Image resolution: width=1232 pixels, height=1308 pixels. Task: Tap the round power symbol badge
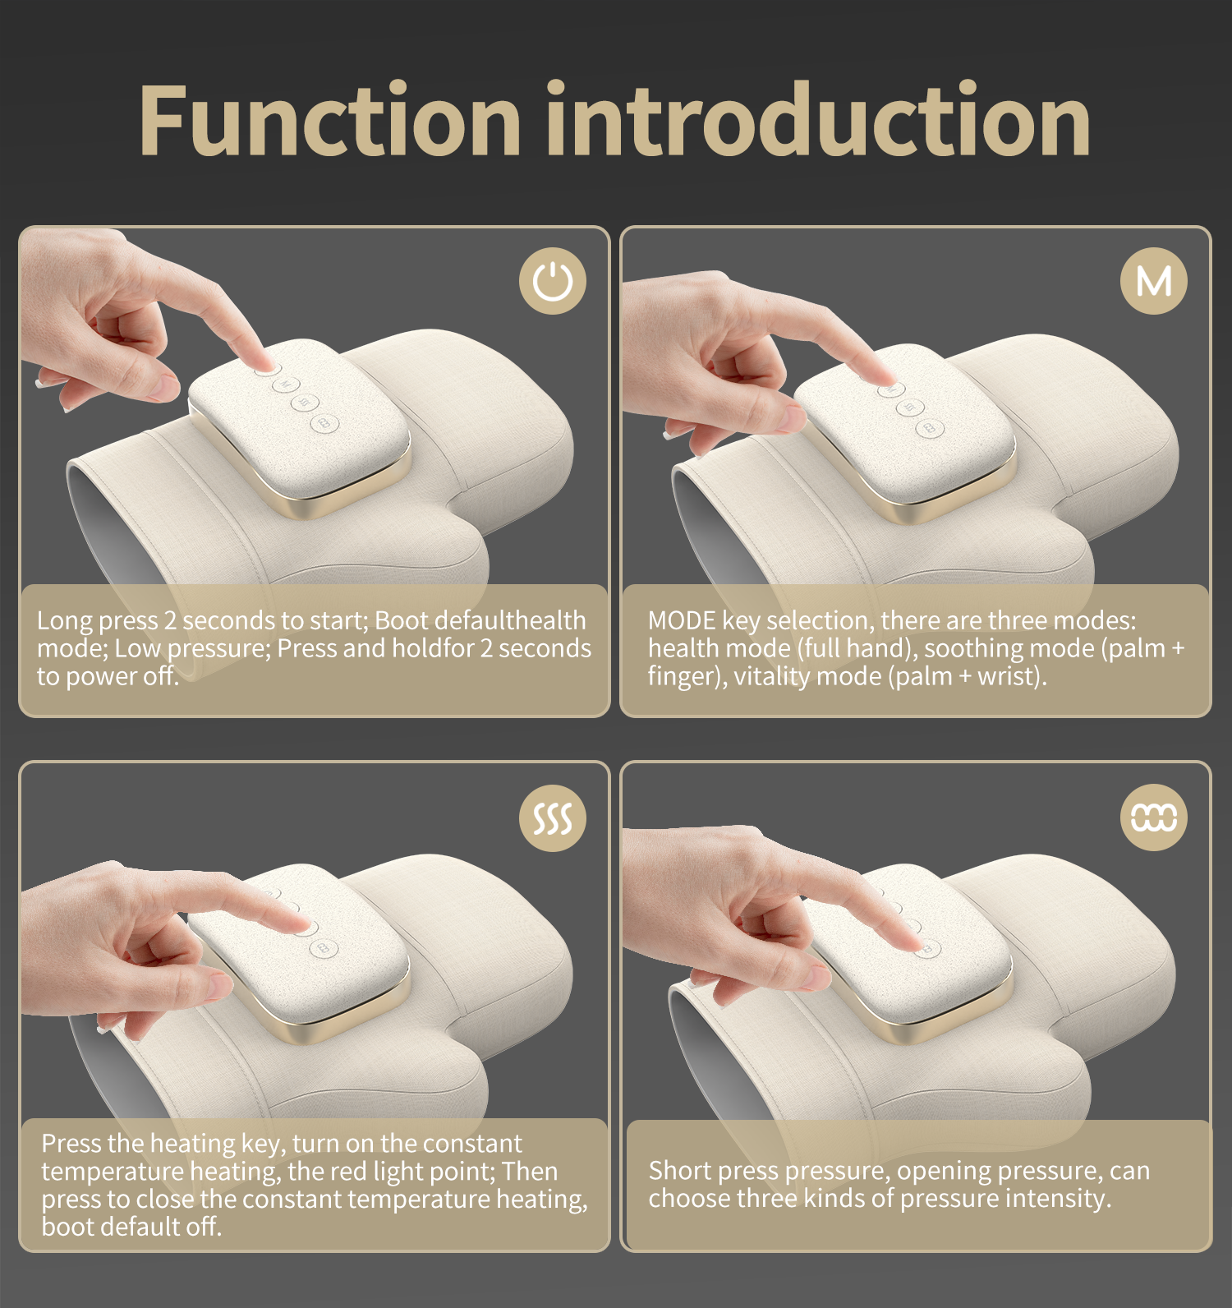pyautogui.click(x=553, y=281)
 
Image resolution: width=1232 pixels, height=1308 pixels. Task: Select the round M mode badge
pyautogui.click(x=1154, y=281)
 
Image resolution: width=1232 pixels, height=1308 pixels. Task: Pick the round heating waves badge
pyautogui.click(x=553, y=817)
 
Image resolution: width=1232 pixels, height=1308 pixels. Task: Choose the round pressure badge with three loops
pyautogui.click(x=1154, y=817)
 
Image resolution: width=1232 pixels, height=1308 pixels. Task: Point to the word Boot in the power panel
pyautogui.click(x=401, y=620)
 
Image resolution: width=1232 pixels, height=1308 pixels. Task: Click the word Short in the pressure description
pyautogui.click(x=679, y=1171)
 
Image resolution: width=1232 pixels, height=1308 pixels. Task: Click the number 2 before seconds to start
pyautogui.click(x=170, y=620)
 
